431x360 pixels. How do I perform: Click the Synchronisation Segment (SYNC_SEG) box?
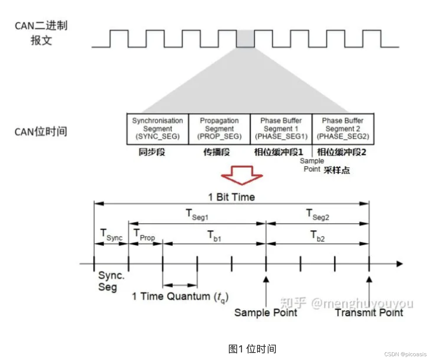pyautogui.click(x=157, y=129)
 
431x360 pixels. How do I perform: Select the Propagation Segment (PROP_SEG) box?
pyautogui.click(x=219, y=129)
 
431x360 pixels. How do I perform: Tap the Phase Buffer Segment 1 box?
pyautogui.click(x=281, y=129)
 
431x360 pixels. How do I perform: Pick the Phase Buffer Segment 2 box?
pyautogui.click(x=343, y=129)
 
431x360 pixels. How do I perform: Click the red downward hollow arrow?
pyautogui.click(x=242, y=175)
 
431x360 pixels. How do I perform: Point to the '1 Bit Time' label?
pyautogui.click(x=232, y=197)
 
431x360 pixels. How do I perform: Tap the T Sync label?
pyautogui.click(x=111, y=235)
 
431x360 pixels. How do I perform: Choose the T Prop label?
pyautogui.click(x=144, y=235)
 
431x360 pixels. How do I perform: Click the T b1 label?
pyautogui.click(x=214, y=236)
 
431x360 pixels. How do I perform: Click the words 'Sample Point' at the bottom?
pyautogui.click(x=266, y=313)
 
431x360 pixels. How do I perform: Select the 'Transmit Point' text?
pyautogui.click(x=369, y=313)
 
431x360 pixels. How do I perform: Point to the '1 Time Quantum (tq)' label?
pyautogui.click(x=180, y=297)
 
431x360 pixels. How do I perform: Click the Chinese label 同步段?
pyautogui.click(x=152, y=152)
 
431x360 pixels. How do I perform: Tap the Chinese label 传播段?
pyautogui.click(x=217, y=152)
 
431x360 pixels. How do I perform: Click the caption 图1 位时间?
pyautogui.click(x=252, y=349)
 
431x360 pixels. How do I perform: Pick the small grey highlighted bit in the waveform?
pyautogui.click(x=245, y=39)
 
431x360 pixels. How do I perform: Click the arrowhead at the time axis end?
pyautogui.click(x=400, y=264)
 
